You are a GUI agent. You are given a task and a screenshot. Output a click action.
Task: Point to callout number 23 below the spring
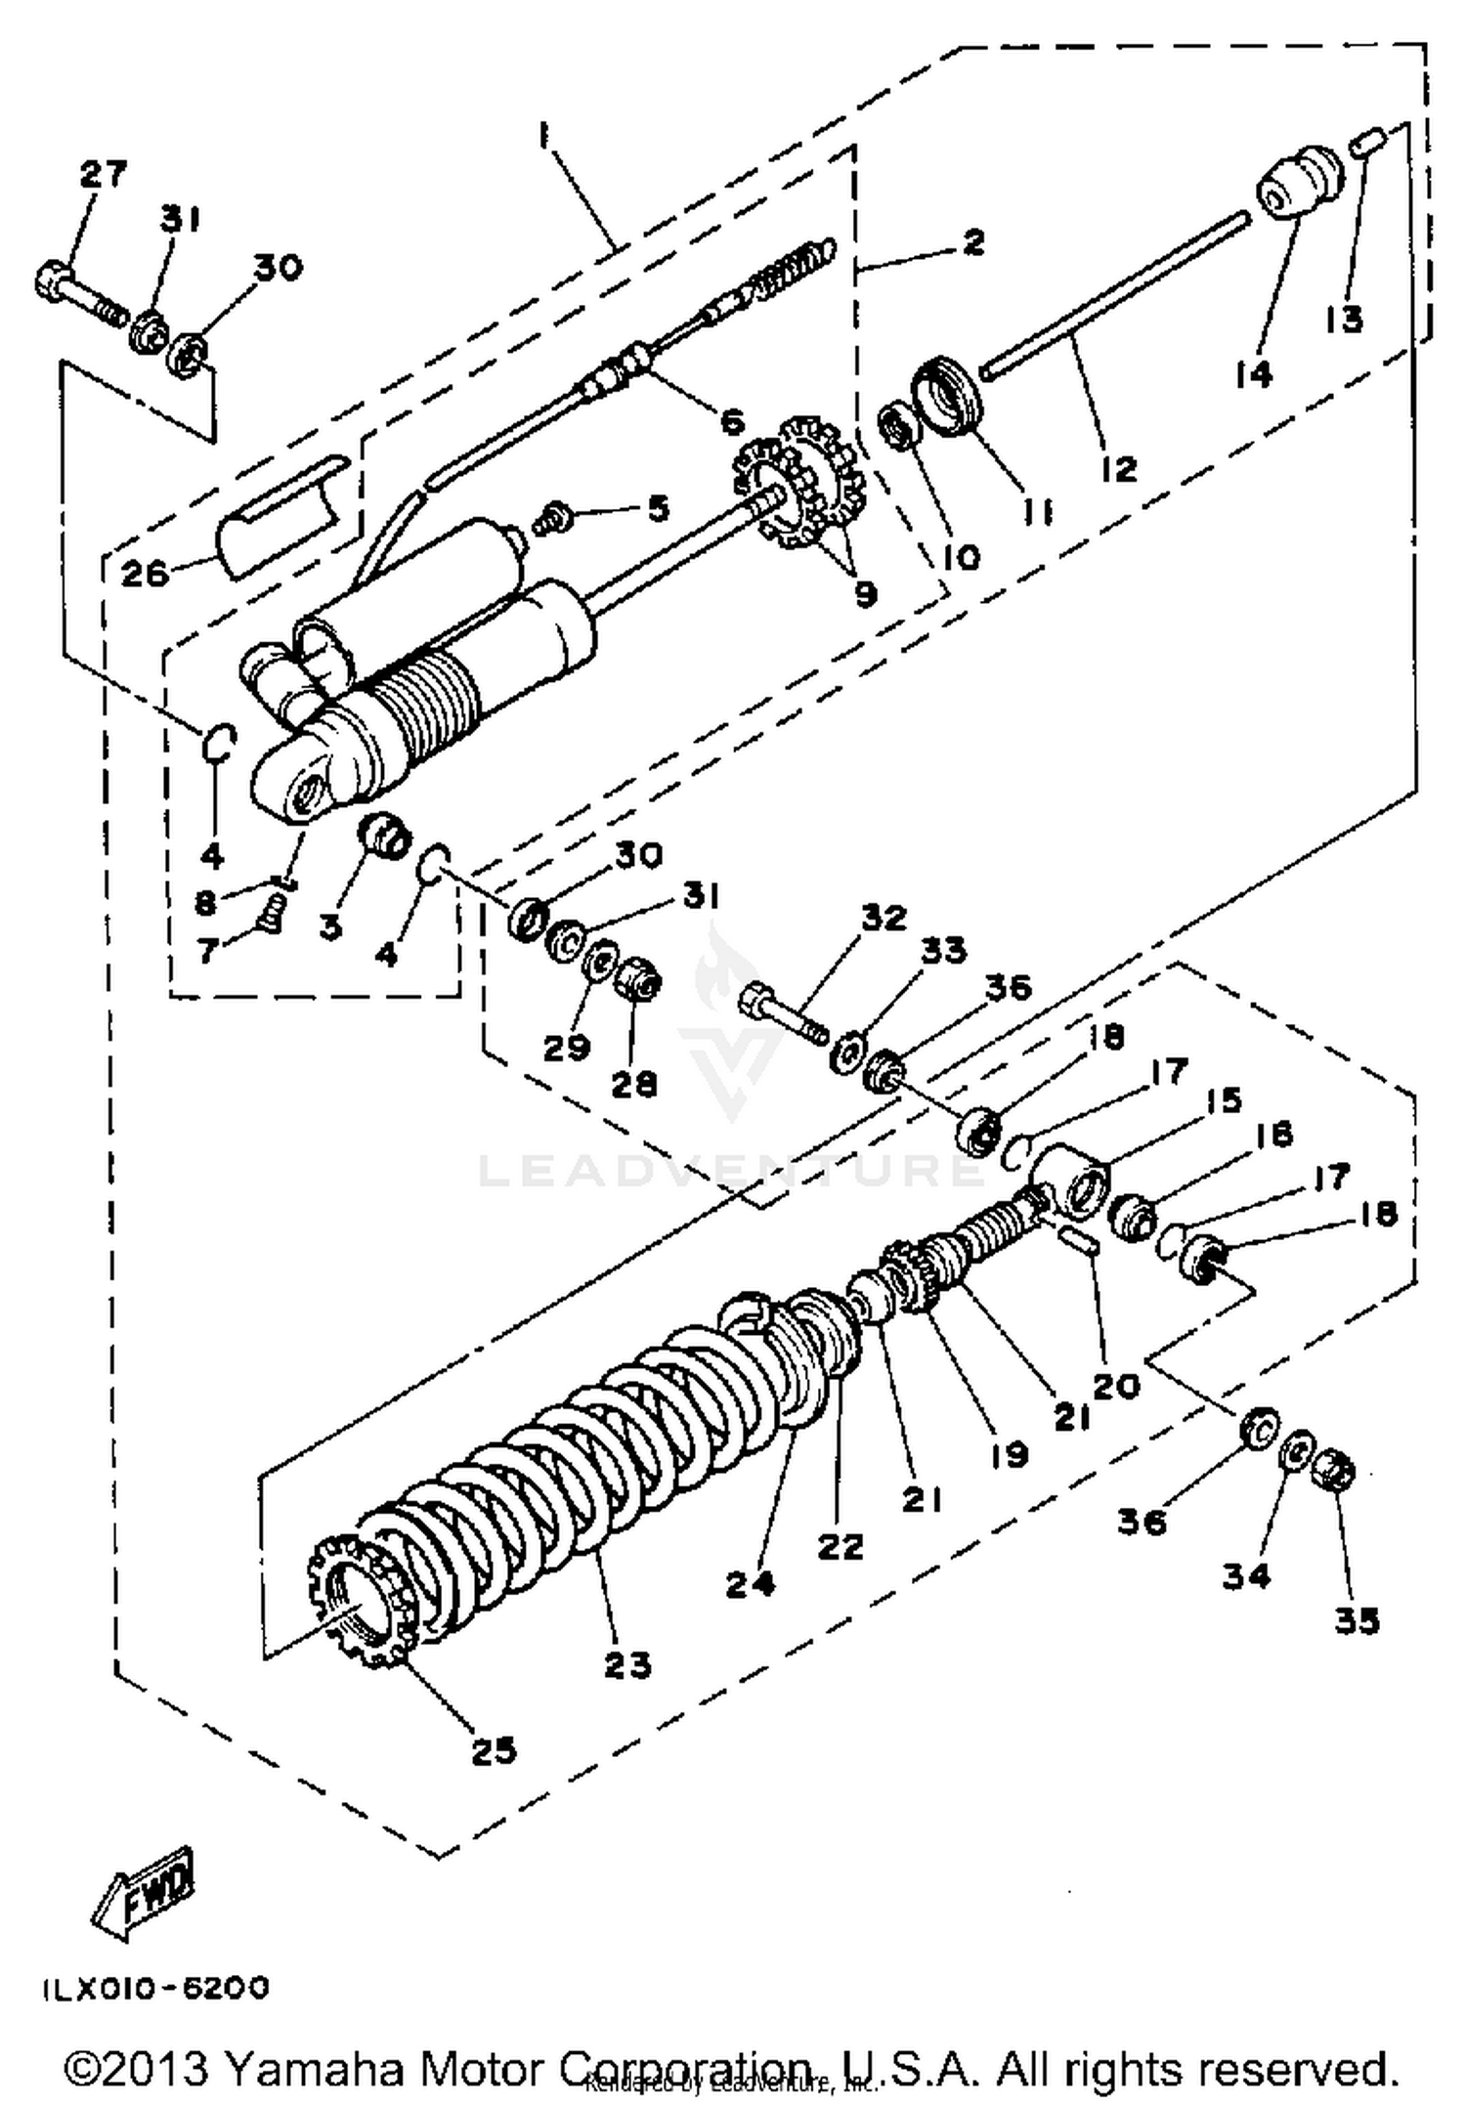[x=626, y=1663]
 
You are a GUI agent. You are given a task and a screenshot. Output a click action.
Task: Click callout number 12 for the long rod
[x=1118, y=468]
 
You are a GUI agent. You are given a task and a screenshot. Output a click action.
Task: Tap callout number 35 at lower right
[x=1357, y=1621]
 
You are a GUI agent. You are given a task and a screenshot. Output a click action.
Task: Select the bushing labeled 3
[x=385, y=834]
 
